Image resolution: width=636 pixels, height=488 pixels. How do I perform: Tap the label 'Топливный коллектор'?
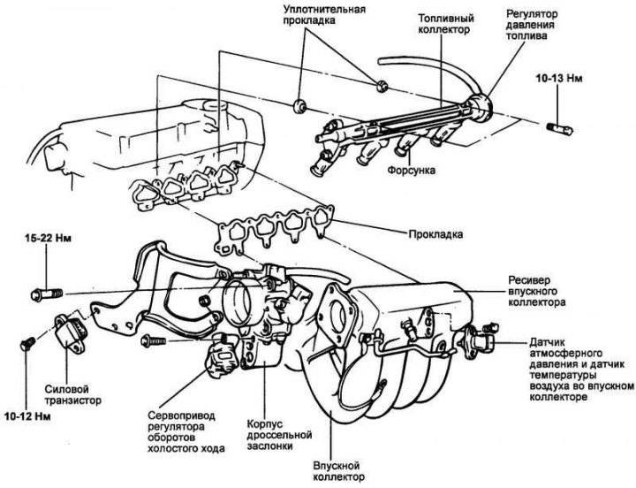pyautogui.click(x=446, y=24)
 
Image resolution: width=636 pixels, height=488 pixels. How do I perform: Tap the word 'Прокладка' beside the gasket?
pyautogui.click(x=435, y=235)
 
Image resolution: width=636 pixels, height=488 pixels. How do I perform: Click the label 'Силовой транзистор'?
pyautogui.click(x=73, y=393)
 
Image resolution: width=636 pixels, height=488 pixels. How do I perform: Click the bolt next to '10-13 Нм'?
pyautogui.click(x=559, y=126)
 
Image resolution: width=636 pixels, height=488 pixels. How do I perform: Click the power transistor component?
pyautogui.click(x=70, y=332)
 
